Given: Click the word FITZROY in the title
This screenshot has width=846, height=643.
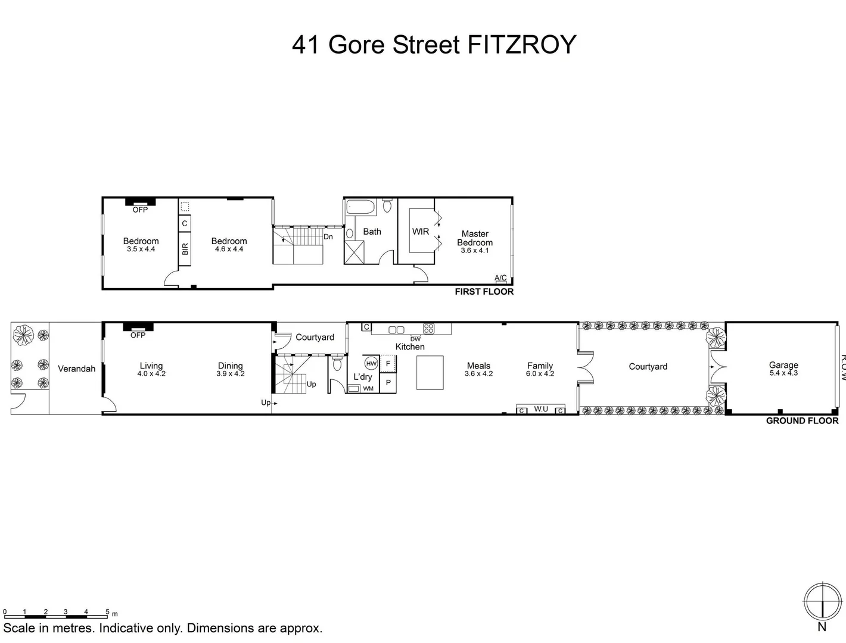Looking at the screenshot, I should click(522, 45).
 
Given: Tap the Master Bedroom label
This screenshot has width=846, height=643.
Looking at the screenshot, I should click(475, 238).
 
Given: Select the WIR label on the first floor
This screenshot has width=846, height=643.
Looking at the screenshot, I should click(421, 232).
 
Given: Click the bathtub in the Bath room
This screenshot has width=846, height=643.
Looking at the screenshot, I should click(360, 208).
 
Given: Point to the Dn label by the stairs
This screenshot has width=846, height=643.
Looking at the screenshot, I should click(328, 236).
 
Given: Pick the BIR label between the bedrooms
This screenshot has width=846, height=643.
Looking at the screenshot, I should click(185, 249).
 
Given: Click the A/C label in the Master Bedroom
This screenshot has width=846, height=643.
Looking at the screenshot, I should click(500, 278).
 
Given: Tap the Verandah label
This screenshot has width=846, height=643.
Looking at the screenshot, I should click(76, 369).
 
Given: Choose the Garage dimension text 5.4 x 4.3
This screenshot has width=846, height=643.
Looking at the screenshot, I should click(783, 373).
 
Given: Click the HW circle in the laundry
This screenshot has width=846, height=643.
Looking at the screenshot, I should click(371, 363).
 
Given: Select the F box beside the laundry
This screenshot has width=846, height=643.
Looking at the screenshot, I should click(388, 363).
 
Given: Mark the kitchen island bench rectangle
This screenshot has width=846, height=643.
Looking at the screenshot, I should click(430, 373).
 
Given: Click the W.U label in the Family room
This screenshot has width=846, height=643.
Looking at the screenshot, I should click(541, 409).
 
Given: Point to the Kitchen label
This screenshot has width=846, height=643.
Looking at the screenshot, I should click(410, 347).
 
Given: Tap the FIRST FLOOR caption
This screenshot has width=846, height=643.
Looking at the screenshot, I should click(484, 292).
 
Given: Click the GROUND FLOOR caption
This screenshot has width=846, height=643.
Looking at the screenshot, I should click(802, 421).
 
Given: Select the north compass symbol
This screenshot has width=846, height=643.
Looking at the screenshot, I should click(822, 602).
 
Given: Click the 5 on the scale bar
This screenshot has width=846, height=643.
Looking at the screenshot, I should click(107, 611).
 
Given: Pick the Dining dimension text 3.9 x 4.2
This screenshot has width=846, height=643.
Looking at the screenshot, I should click(231, 374).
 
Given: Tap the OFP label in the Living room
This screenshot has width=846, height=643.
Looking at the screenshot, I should click(138, 335).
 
